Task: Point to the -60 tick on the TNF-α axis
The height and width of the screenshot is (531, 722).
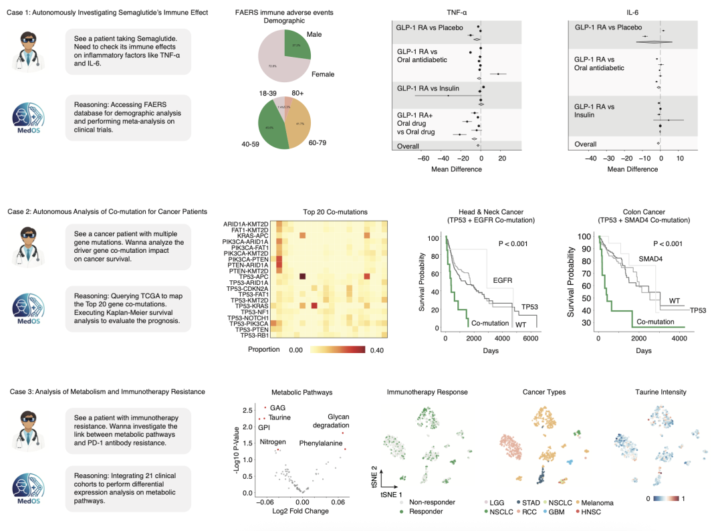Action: click(423, 159)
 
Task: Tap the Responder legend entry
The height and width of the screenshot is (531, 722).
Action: click(426, 512)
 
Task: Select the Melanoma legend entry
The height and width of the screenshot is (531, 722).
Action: click(596, 502)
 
